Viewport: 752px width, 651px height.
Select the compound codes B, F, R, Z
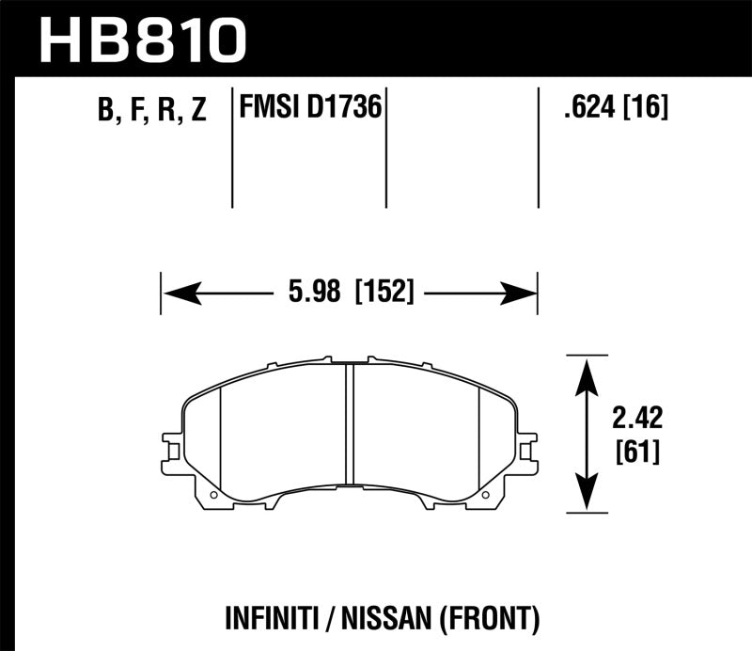[151, 111]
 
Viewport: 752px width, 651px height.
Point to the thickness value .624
[583, 109]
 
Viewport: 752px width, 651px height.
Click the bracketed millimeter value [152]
[384, 294]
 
